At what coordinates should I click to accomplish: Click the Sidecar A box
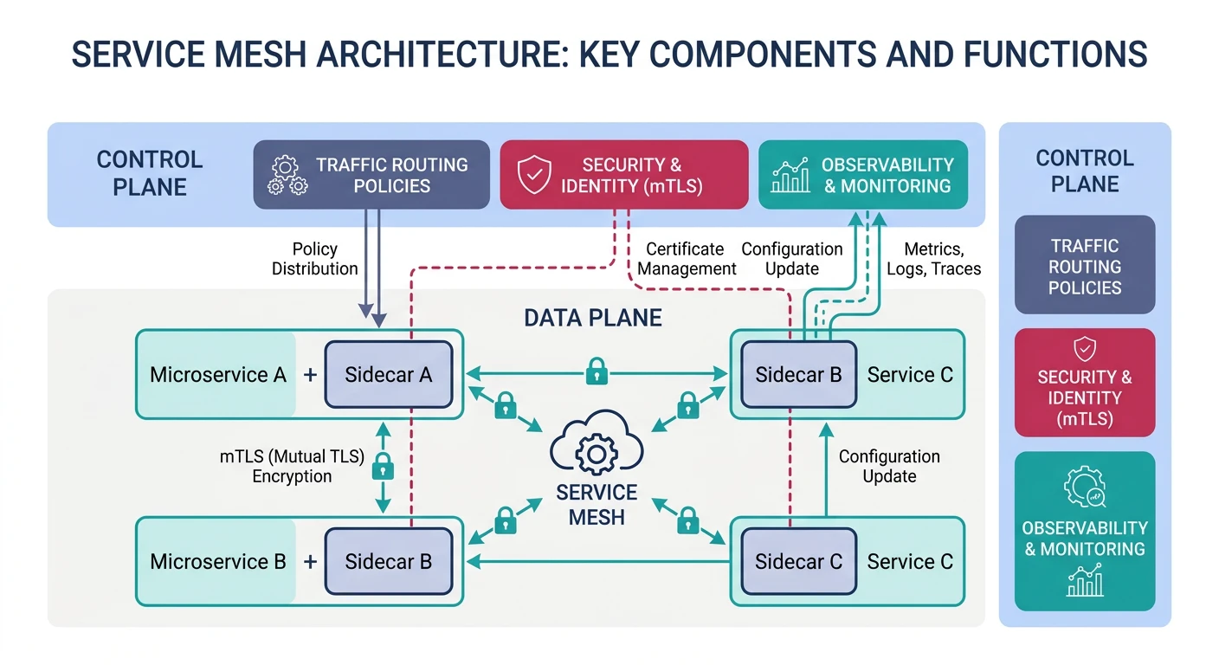point(388,375)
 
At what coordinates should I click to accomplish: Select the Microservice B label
point(217,562)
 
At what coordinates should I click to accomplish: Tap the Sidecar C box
point(797,562)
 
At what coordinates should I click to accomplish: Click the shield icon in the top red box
point(534,175)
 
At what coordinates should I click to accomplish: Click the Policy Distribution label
point(314,259)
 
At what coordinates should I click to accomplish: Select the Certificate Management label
point(687,259)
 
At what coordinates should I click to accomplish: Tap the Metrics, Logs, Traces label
point(933,259)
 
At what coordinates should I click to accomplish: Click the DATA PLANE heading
point(593,318)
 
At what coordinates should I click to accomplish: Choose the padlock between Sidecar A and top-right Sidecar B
point(597,373)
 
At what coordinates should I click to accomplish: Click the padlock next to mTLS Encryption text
point(382,468)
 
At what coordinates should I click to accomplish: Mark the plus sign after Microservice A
point(310,376)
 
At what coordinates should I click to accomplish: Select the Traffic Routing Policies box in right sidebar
point(1084,266)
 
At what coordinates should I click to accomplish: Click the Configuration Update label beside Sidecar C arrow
point(888,466)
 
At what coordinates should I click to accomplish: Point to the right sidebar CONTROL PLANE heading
point(1084,171)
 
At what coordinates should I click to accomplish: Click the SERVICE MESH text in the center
point(597,504)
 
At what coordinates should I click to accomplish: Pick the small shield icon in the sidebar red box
point(1084,349)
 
